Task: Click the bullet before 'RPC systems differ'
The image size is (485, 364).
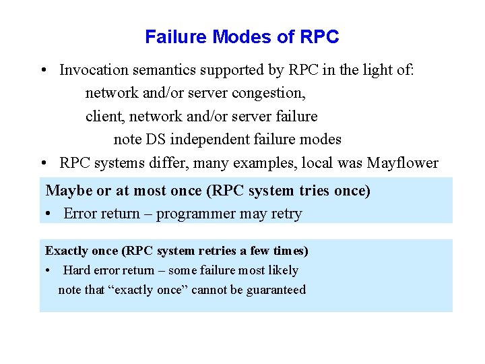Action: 42,163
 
